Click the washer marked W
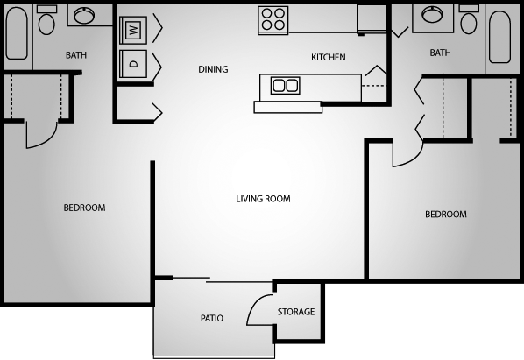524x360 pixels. [134, 29]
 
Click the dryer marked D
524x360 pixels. [134, 63]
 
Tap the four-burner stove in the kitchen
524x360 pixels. [273, 19]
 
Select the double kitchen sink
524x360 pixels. [286, 85]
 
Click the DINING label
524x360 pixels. [213, 69]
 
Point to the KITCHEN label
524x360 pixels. [329, 58]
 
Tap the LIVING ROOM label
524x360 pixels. [263, 199]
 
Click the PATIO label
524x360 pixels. [211, 318]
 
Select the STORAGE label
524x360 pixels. [295, 312]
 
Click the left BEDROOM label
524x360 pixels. [84, 208]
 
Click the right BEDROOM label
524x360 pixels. [445, 214]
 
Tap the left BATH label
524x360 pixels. [76, 55]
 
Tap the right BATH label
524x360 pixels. [440, 53]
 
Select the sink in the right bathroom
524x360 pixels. [433, 15]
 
